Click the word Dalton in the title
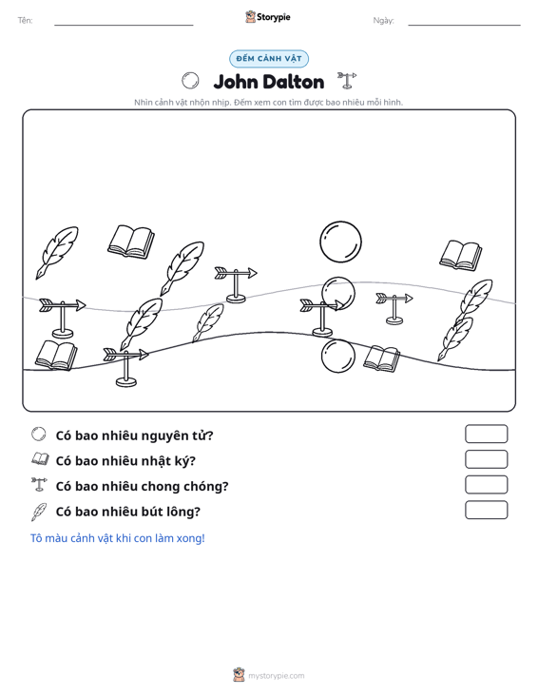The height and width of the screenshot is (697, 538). tap(293, 82)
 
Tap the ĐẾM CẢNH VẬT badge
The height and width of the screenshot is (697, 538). tap(269, 59)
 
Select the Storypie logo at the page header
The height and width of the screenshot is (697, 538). tap(268, 17)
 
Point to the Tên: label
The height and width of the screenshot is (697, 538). tap(26, 21)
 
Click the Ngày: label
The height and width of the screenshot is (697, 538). tap(383, 21)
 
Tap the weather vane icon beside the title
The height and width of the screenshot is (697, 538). tap(347, 81)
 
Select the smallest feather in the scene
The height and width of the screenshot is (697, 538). tap(208, 322)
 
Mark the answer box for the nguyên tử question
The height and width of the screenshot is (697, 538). tap(486, 434)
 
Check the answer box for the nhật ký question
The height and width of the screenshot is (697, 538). tap(486, 459)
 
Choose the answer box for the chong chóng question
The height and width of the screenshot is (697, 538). tap(486, 485)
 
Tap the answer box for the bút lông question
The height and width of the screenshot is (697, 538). tap(486, 510)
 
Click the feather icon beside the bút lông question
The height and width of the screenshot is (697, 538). tap(39, 512)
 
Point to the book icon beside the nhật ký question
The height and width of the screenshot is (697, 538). tap(40, 459)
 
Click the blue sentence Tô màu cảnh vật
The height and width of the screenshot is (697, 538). tap(117, 538)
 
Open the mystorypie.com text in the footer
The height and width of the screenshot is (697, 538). tap(277, 676)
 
